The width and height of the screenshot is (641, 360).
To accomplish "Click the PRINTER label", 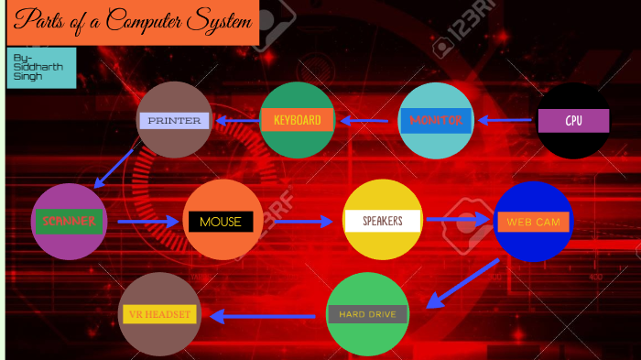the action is (x=174, y=120).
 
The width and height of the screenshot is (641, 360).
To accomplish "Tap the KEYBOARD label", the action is (x=297, y=120).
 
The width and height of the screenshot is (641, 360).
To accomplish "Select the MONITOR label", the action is (x=436, y=120).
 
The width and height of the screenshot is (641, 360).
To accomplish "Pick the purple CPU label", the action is (x=573, y=121).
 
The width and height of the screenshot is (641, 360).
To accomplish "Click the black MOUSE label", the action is (x=221, y=222).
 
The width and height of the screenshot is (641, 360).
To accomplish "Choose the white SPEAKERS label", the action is (x=383, y=221).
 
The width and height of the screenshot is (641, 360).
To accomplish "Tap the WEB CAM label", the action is (x=533, y=222).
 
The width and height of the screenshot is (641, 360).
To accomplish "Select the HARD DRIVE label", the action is (x=367, y=314).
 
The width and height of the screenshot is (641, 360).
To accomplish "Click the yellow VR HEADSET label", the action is (x=159, y=314).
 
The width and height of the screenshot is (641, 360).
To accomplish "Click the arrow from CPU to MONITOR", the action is (x=505, y=120).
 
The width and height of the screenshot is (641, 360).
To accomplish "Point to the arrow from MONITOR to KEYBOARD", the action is (x=366, y=120).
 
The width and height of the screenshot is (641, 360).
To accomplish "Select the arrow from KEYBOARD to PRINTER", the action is (x=236, y=120).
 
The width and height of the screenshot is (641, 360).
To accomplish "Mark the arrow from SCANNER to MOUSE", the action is (x=147, y=222).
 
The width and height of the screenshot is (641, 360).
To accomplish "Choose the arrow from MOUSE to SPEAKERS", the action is (x=303, y=222).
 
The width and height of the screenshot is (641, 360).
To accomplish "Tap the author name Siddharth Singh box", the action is (x=41, y=68).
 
